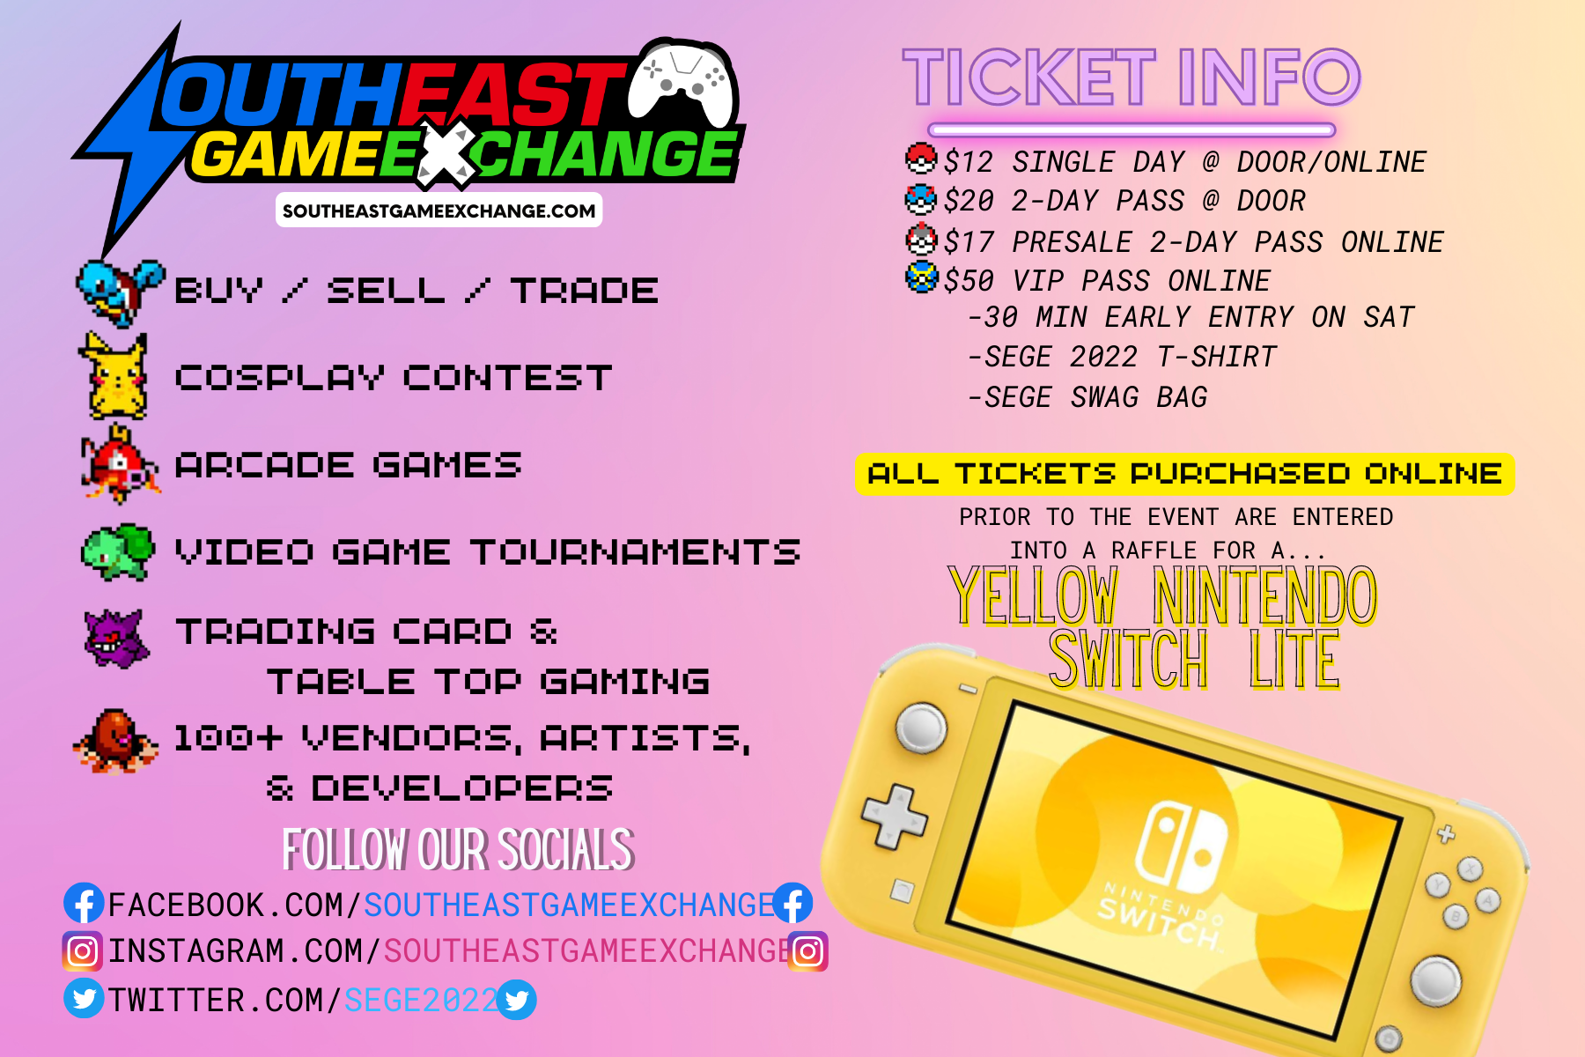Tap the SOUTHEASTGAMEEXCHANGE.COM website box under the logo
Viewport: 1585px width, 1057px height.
point(439,211)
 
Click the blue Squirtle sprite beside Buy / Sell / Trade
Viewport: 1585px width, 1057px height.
point(120,292)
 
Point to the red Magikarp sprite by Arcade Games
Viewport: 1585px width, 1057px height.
point(120,464)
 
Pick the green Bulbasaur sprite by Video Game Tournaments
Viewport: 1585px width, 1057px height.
point(118,552)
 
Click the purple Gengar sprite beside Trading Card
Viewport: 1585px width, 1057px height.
point(117,639)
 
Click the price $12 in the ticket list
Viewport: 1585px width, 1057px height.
point(969,162)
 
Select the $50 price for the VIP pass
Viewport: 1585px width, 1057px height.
point(969,281)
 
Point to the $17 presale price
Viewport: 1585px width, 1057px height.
point(969,241)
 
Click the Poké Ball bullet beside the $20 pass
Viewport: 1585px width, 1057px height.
point(921,199)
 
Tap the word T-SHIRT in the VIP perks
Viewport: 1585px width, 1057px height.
point(1217,357)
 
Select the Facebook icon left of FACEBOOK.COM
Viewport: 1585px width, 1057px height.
point(84,904)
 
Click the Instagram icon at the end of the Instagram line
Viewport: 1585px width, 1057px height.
point(807,951)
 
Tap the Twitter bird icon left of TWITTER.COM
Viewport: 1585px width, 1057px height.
point(84,999)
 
